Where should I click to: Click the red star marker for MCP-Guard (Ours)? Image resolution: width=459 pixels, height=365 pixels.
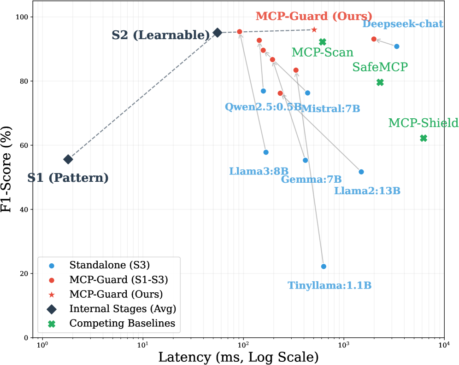[x=314, y=30]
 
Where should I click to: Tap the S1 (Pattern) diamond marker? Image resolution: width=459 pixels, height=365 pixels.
[x=68, y=159]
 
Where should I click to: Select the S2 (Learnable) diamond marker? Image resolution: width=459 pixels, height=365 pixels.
[x=218, y=33]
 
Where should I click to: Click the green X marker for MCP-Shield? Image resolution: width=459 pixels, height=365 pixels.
[x=424, y=138]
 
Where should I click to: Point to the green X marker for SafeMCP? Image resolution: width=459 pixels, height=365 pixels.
[x=380, y=82]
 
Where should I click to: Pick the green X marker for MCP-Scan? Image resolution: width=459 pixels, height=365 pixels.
[x=323, y=42]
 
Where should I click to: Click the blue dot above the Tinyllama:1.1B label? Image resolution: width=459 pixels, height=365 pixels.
[x=324, y=267]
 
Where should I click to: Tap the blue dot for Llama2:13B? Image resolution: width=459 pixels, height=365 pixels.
[x=361, y=172]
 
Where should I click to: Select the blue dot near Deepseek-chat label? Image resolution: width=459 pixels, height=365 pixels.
[x=397, y=46]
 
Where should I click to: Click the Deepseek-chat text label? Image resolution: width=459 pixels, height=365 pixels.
[x=403, y=24]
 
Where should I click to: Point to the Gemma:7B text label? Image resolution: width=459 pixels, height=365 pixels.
[x=311, y=180]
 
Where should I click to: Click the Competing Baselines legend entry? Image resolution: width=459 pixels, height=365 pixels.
[x=122, y=324]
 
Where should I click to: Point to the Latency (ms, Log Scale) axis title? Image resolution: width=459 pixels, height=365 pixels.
[x=238, y=357]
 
